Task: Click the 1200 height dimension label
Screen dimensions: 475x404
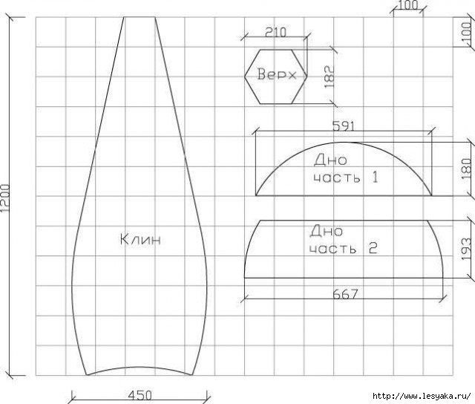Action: pos(5,198)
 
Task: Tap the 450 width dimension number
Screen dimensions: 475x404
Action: pos(140,395)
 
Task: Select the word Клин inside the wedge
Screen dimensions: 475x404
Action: pos(140,240)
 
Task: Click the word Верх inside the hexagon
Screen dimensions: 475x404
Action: pos(277,74)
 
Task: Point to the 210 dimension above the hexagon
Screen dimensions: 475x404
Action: pos(275,32)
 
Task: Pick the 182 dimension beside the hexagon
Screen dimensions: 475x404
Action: pos(330,77)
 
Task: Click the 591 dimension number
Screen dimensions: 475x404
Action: pos(343,126)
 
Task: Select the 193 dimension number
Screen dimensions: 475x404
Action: pos(466,249)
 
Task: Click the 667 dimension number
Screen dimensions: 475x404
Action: pos(345,294)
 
